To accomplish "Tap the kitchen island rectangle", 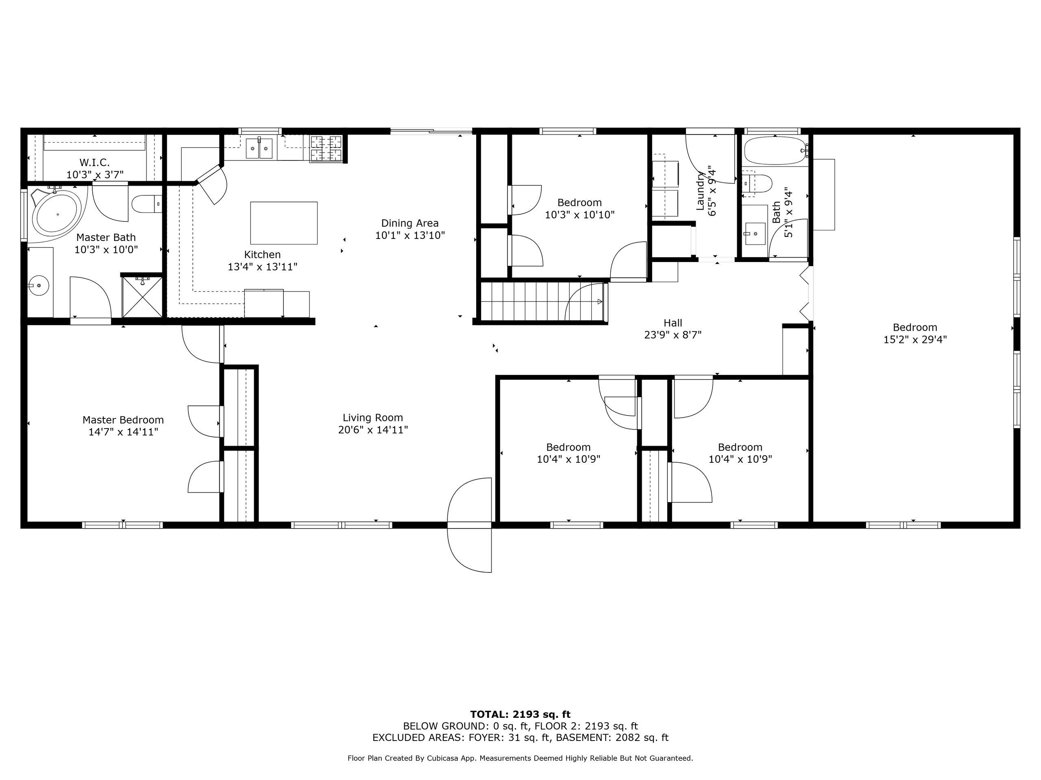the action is pos(284,223).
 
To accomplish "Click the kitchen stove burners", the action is pos(326,149).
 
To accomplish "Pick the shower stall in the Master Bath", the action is pos(142,297).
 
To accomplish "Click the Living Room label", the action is pos(373,418).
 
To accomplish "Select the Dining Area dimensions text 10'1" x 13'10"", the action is pos(410,235).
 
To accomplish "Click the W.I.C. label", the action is pos(95,162).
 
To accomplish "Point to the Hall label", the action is pos(673,323).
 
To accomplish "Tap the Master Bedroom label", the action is pos(123,420).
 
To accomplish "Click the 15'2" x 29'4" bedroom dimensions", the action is pos(915,340).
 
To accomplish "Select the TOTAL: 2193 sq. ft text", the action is pos(520,715).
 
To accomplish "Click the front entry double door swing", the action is pos(469,525).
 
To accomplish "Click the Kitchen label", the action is pos(262,254).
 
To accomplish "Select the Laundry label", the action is pos(701,191).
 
